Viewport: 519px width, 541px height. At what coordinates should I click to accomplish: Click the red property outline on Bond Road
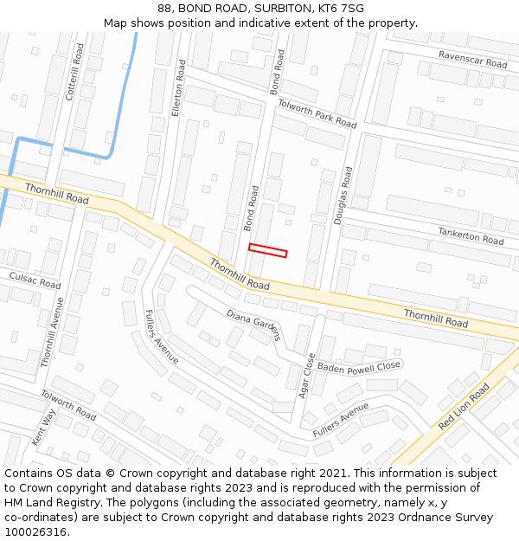[268, 251]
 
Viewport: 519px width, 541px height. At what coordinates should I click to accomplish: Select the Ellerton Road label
[180, 88]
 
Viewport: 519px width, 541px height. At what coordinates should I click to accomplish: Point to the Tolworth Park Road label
[317, 113]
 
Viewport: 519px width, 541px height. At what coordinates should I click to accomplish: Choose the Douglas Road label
[345, 196]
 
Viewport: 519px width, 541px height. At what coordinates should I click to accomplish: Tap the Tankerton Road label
[471, 235]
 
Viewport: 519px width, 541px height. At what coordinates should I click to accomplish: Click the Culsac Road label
[35, 280]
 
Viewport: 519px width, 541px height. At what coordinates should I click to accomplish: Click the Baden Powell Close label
[359, 367]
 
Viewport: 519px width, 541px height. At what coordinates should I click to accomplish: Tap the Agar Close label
[304, 375]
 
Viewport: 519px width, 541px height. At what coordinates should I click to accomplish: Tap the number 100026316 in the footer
[35, 532]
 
